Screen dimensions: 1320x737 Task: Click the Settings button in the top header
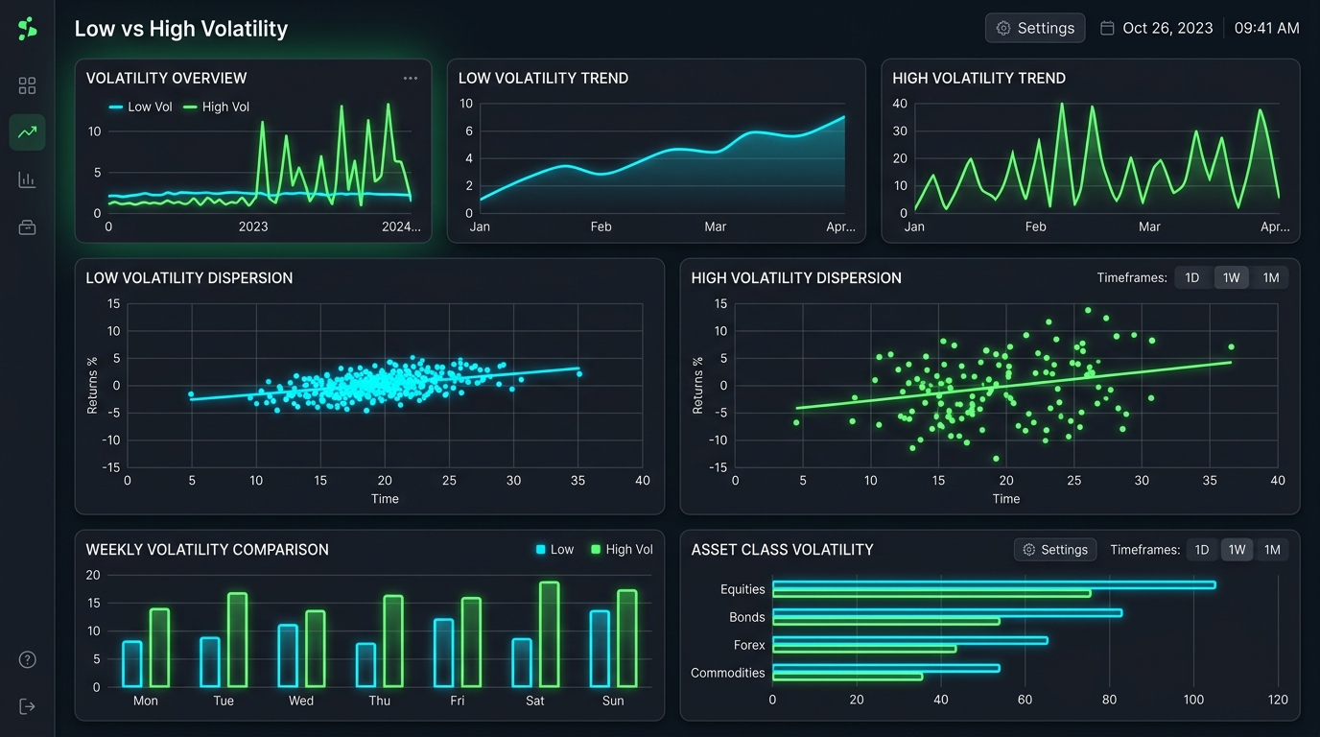tap(1035, 28)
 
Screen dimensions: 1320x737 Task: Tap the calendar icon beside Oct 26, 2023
tap(1107, 28)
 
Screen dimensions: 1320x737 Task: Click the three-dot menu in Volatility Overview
tap(411, 78)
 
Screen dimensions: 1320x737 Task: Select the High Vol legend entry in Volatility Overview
tap(216, 107)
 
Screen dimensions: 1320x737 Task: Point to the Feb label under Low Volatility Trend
tap(601, 227)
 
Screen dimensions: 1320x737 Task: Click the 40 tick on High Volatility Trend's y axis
tap(899, 104)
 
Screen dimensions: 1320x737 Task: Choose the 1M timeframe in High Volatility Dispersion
tap(1270, 277)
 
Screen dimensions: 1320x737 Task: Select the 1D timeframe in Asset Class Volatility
tap(1202, 550)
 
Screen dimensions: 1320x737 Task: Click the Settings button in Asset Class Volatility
tap(1055, 550)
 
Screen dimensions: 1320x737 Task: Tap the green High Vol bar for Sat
tap(550, 634)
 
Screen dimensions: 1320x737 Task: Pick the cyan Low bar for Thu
tap(365, 665)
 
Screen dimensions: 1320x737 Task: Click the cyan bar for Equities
tap(994, 584)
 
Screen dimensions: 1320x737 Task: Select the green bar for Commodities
tap(847, 677)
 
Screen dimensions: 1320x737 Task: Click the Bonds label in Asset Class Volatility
tap(746, 617)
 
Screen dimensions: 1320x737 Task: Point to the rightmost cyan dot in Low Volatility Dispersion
tap(579, 374)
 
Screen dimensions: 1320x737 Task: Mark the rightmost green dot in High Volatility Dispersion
tap(1231, 346)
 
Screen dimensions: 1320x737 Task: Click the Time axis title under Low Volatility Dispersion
tap(385, 499)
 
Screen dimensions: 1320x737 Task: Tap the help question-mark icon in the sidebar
tap(28, 660)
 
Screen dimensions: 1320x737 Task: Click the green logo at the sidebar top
tap(27, 28)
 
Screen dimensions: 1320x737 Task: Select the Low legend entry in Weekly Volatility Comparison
tap(554, 550)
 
